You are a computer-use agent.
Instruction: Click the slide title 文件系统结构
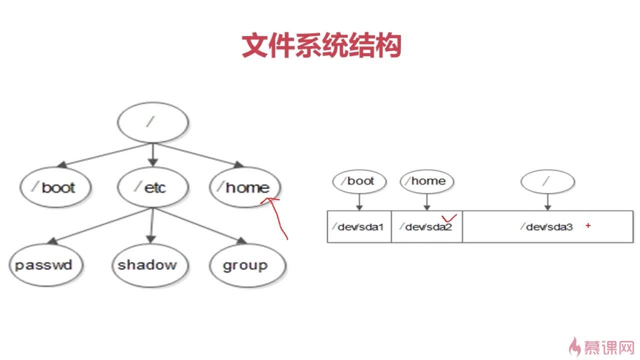tap(321, 45)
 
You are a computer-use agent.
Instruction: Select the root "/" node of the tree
tap(153, 122)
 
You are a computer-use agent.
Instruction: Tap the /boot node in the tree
tap(55, 187)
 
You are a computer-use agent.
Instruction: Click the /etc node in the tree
tap(153, 187)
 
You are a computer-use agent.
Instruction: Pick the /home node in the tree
tap(245, 187)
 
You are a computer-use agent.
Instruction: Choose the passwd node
tap(46, 265)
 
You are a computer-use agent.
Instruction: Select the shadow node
tap(150, 265)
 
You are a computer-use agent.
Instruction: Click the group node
tap(247, 265)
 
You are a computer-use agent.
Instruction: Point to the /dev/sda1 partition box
tap(359, 227)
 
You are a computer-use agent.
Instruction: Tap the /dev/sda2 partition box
tap(427, 227)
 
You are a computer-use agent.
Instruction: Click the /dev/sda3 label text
tap(546, 227)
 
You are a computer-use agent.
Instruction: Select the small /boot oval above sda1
tap(359, 181)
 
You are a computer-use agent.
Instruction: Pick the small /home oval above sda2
tap(427, 181)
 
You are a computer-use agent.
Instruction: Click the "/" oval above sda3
tap(547, 181)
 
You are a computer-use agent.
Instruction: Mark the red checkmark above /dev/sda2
tap(448, 218)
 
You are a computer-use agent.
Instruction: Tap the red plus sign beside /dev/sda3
tap(588, 225)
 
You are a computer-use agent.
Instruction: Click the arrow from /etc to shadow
tap(151, 225)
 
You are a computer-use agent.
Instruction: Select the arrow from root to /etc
tap(153, 155)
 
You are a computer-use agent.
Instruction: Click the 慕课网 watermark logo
tap(601, 347)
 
